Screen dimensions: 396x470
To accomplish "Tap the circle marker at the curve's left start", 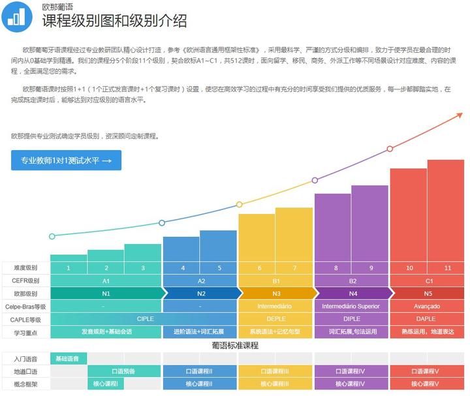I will tap(52, 236).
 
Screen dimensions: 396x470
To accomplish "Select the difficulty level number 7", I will tap(294, 268).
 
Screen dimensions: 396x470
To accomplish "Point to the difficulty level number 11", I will tap(447, 268).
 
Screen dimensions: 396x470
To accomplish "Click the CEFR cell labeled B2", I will tap(352, 281).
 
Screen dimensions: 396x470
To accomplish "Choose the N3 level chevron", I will tap(276, 294).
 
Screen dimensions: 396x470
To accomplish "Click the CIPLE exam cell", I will tap(145, 319).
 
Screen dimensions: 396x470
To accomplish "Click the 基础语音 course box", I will tap(68, 359).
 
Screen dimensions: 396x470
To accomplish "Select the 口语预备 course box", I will tap(123, 371).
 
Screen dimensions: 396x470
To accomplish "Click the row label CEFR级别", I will tap(25, 281).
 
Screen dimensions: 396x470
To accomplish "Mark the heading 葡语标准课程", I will tap(236, 345).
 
